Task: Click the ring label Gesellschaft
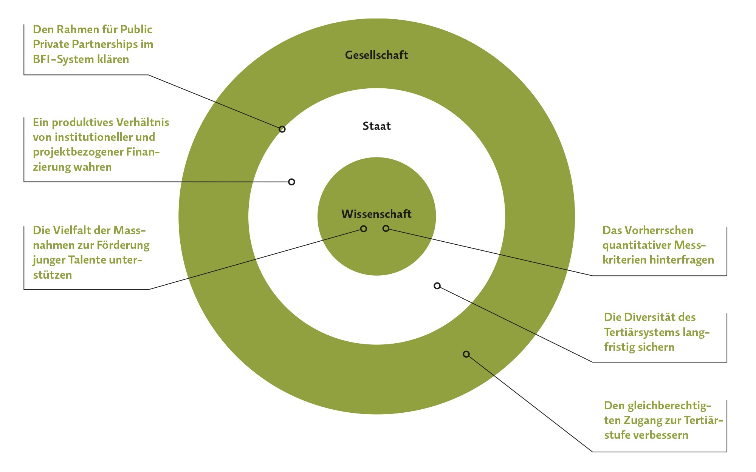coord(376,55)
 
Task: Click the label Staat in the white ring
coord(376,126)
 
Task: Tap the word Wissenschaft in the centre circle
coord(376,214)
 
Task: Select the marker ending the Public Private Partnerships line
coord(282,129)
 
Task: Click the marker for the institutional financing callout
coord(291,182)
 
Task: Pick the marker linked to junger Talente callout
coord(364,229)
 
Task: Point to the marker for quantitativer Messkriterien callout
coord(386,228)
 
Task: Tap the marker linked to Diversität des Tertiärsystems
coord(437,286)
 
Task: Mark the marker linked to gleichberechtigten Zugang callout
coord(466,354)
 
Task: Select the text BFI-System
coord(60,59)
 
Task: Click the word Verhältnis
coord(143,122)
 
